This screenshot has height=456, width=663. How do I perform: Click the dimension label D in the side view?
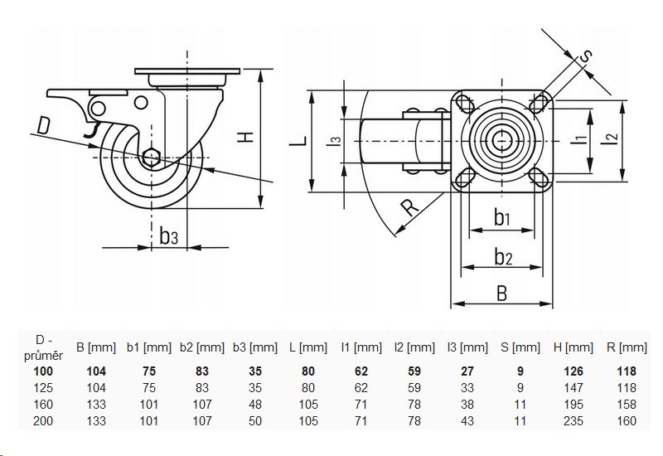tap(44, 127)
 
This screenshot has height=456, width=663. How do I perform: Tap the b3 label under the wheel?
tap(168, 236)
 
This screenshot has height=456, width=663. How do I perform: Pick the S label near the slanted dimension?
tap(584, 57)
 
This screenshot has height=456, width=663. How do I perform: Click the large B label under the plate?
tap(502, 292)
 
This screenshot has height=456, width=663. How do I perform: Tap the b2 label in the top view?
tap(502, 257)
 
